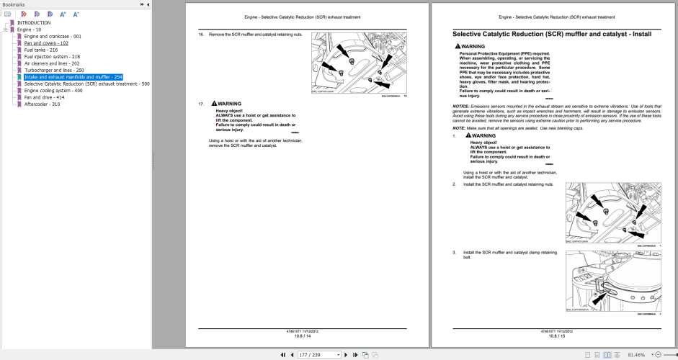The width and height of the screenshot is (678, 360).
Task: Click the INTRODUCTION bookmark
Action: (34, 22)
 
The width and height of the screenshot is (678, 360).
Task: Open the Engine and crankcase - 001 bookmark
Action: (52, 36)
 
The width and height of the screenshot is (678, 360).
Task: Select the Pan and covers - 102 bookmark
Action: (46, 43)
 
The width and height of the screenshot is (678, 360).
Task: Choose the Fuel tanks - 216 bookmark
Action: (40, 50)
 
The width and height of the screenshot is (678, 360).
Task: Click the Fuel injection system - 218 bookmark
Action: (52, 56)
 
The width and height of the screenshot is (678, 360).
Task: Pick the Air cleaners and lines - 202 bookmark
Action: (51, 63)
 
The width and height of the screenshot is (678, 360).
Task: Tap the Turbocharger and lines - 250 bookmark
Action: (54, 70)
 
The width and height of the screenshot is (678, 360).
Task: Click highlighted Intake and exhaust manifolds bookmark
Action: (73, 77)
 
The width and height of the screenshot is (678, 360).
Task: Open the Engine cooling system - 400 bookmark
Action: (53, 91)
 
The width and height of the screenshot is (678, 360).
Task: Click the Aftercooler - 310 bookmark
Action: (42, 104)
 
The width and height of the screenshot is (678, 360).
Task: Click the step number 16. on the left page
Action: (202, 34)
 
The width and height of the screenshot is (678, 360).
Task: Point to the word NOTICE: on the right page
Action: (461, 106)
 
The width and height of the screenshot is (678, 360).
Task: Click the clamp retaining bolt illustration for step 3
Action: (612, 283)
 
